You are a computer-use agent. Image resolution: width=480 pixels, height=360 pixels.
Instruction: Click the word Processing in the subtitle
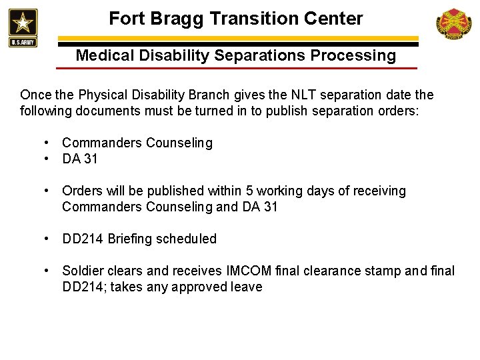(x=356, y=55)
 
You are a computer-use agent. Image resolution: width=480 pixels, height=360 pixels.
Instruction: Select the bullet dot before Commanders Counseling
(x=48, y=143)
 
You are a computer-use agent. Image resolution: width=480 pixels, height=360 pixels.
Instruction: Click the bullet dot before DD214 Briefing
(x=48, y=239)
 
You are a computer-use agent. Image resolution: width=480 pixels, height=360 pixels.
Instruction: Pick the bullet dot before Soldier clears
(x=48, y=271)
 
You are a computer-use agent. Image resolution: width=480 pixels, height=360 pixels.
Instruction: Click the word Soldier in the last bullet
(x=83, y=271)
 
